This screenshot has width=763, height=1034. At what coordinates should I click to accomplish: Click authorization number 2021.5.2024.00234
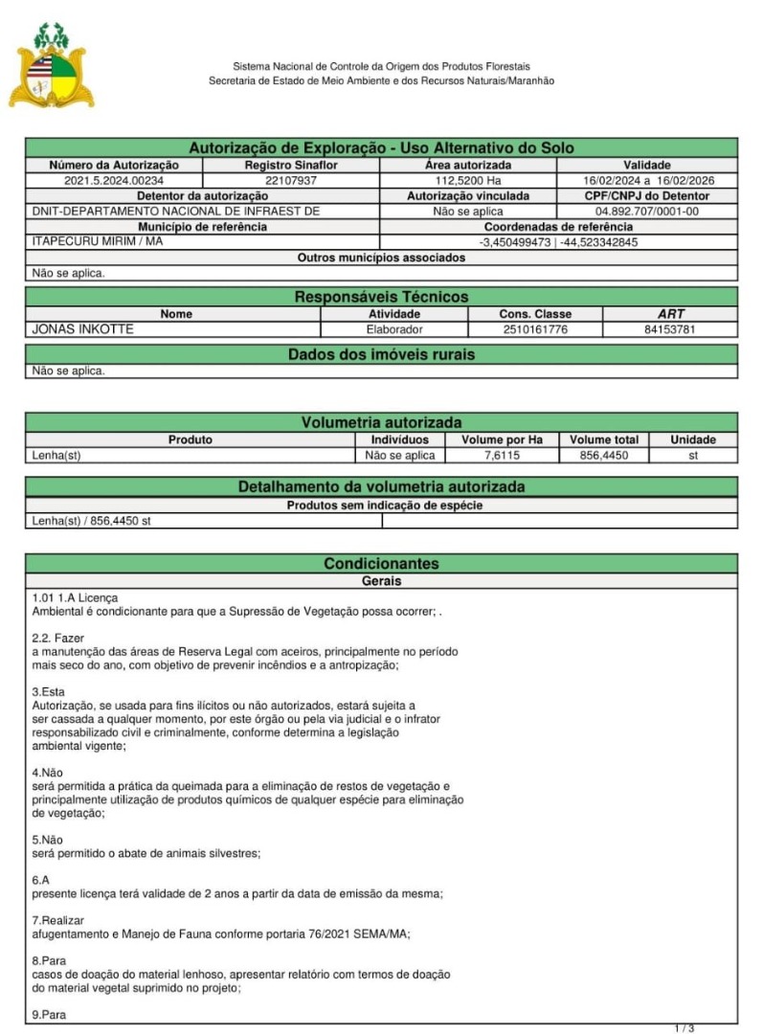[114, 180]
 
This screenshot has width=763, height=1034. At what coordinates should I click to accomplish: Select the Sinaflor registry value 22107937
[291, 180]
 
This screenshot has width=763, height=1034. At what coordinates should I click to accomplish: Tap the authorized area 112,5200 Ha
[468, 180]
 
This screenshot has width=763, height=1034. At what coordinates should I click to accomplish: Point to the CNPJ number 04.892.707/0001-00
[647, 211]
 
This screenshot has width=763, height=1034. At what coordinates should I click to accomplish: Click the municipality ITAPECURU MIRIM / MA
[98, 241]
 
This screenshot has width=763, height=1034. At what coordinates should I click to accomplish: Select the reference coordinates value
[558, 242]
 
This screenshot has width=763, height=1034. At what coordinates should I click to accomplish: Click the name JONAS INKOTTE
[83, 329]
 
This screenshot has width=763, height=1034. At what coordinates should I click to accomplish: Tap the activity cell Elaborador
[394, 329]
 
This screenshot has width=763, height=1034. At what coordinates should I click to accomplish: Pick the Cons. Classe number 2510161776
[535, 329]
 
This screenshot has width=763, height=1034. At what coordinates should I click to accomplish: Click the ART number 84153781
[671, 329]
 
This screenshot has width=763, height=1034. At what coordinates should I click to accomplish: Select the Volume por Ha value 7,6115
[502, 456]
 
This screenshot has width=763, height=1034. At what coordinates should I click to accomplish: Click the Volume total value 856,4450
[603, 456]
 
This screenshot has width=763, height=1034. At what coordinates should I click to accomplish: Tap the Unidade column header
[693, 439]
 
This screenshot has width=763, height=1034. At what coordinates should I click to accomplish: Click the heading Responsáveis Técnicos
[381, 297]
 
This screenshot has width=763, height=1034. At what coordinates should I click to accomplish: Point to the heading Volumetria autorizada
[381, 422]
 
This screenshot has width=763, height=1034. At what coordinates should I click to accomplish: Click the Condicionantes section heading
[381, 564]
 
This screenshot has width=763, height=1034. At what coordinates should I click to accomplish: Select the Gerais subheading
[381, 581]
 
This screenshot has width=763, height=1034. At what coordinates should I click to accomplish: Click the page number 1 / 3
[684, 1028]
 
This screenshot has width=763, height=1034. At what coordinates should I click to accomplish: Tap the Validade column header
[647, 165]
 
